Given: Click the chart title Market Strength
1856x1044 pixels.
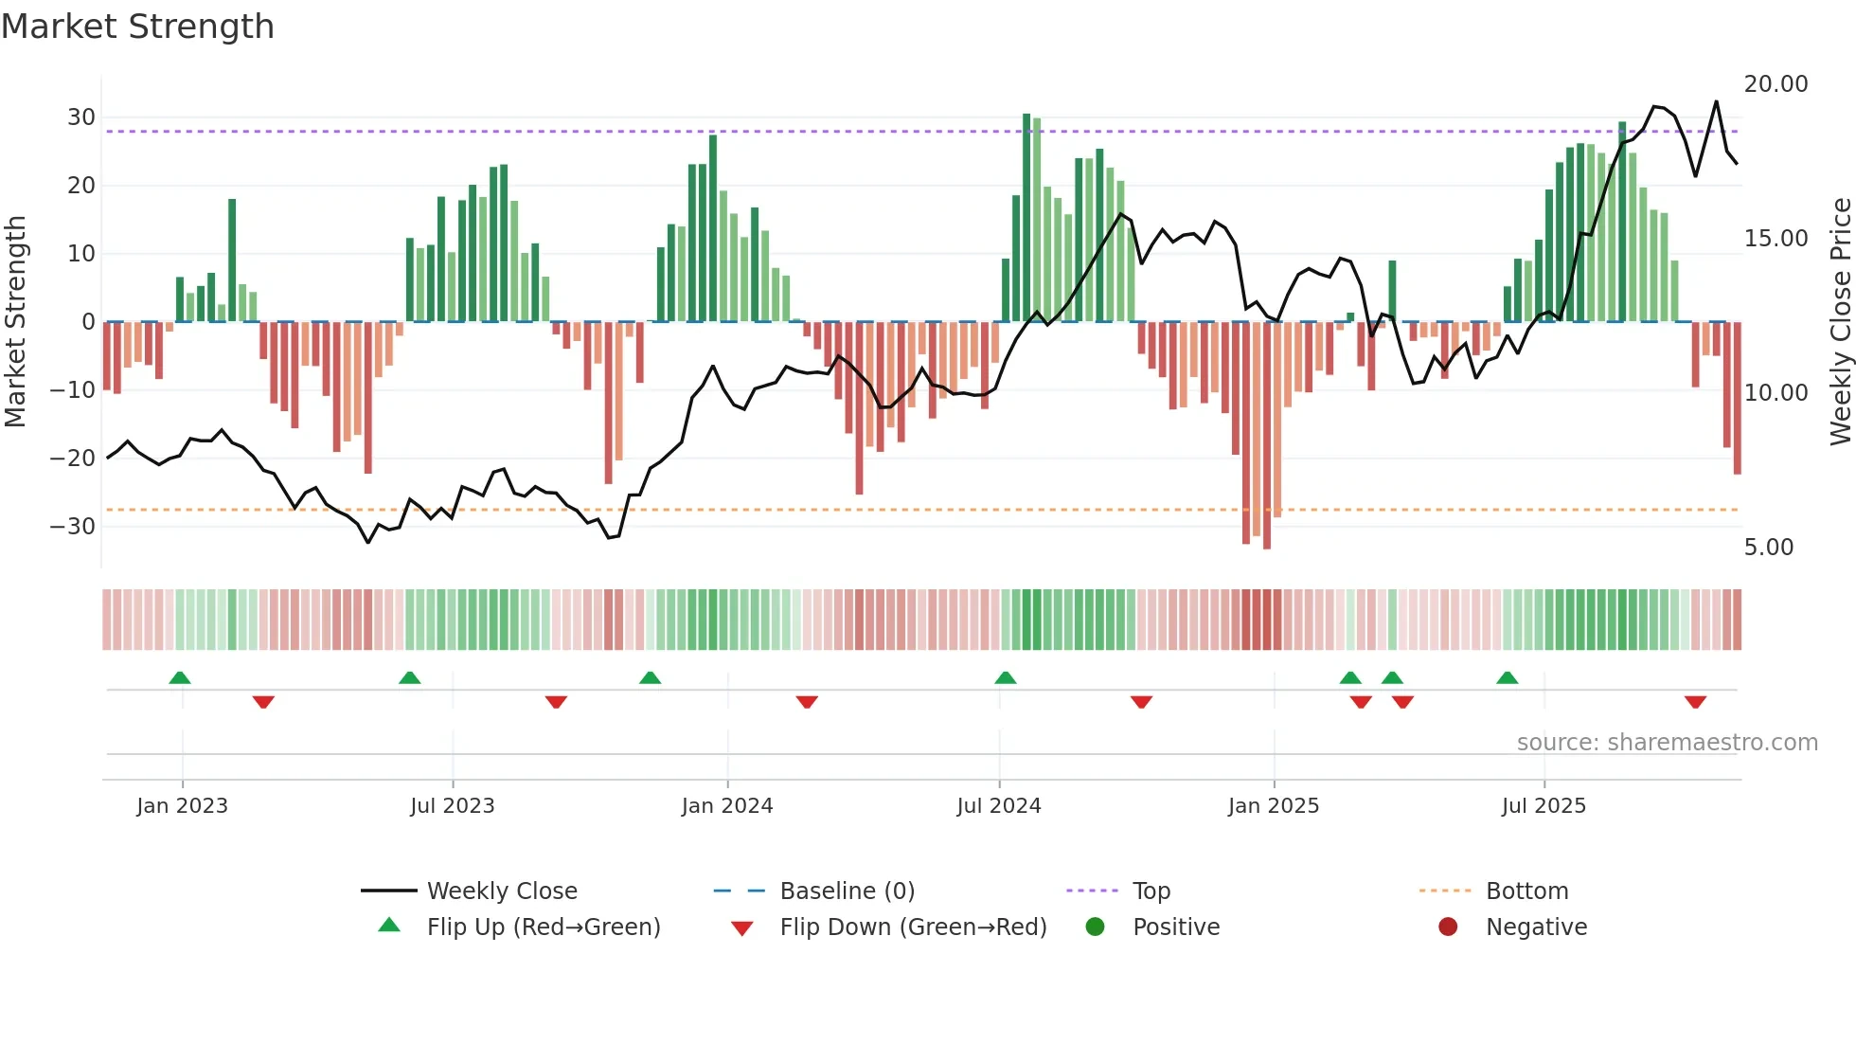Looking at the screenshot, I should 137,27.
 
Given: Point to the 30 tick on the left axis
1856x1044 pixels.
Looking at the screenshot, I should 81,117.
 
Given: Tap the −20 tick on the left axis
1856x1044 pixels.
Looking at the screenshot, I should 73,459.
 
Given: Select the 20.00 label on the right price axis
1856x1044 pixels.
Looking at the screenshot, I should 1776,84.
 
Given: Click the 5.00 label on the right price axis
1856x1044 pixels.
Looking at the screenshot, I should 1768,548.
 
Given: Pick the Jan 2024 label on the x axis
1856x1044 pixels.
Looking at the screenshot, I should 726,806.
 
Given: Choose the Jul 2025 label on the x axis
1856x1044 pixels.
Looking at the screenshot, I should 1543,806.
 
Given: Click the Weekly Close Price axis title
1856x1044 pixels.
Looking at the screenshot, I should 1840,322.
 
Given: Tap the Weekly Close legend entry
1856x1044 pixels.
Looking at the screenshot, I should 501,891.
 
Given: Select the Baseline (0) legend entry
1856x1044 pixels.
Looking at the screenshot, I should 847,891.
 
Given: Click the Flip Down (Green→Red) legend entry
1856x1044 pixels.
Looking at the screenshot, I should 912,927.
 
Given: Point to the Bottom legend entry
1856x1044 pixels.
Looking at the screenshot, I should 1526,891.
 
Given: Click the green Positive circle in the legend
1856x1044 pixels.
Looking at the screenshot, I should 1095,927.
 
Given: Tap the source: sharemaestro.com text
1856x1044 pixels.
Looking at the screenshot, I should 1667,743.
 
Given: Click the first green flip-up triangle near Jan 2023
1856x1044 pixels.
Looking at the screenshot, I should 180,677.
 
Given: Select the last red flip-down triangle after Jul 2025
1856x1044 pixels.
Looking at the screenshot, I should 1695,702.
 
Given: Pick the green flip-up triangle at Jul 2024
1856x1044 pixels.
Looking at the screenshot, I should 1005,677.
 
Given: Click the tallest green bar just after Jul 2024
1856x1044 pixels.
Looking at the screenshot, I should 1026,218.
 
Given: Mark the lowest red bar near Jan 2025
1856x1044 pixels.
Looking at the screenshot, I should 1267,436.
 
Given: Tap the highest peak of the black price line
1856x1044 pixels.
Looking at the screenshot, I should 1716,101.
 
